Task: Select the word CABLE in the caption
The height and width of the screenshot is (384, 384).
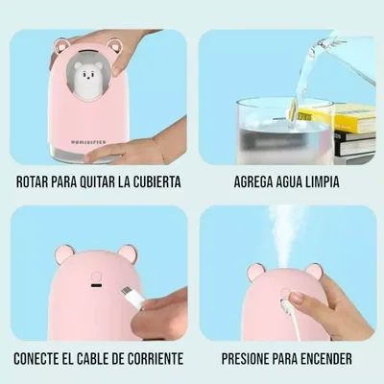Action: coord(96,361)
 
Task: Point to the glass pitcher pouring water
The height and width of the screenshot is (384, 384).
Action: coord(341,58)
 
